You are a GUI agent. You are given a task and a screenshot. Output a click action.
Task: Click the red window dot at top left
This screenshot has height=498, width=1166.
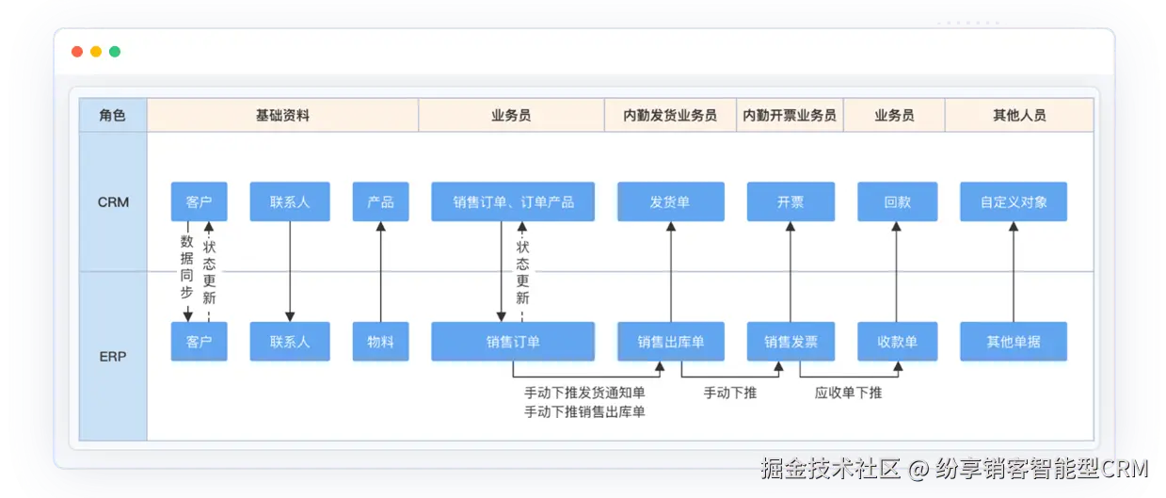(77, 52)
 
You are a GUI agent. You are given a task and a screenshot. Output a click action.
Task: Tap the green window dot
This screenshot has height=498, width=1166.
(115, 52)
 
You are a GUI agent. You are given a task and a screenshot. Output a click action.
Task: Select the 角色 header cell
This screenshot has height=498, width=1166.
(112, 116)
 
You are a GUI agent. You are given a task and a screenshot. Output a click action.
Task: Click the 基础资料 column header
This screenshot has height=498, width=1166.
(282, 116)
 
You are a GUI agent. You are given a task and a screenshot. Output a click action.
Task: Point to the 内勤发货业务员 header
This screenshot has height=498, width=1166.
(670, 116)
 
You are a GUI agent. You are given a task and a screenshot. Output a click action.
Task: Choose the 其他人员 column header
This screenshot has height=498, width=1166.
(1018, 116)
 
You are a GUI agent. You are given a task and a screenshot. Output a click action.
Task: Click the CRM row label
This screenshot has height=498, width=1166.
(113, 202)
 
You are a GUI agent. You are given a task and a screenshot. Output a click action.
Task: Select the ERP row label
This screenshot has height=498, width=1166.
(113, 357)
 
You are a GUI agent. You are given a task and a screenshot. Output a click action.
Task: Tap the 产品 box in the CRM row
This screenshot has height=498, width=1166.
(380, 201)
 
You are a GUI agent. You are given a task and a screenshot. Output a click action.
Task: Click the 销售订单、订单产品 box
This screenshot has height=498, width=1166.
(513, 201)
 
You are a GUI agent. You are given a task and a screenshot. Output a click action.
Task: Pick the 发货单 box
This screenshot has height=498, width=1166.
(670, 201)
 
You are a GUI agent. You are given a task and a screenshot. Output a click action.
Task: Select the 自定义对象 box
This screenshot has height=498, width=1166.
(1014, 201)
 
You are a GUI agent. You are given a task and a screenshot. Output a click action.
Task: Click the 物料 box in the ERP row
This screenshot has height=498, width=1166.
(380, 342)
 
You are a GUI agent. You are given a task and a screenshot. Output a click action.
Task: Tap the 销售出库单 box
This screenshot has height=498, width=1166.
(670, 342)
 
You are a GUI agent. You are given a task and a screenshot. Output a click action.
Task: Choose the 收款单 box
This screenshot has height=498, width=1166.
(897, 342)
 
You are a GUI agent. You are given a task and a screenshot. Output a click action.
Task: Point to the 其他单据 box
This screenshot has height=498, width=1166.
(1014, 342)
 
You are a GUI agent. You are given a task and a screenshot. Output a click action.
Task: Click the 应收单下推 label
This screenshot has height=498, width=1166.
(848, 393)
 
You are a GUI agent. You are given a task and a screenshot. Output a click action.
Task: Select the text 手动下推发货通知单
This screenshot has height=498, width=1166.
(584, 393)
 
